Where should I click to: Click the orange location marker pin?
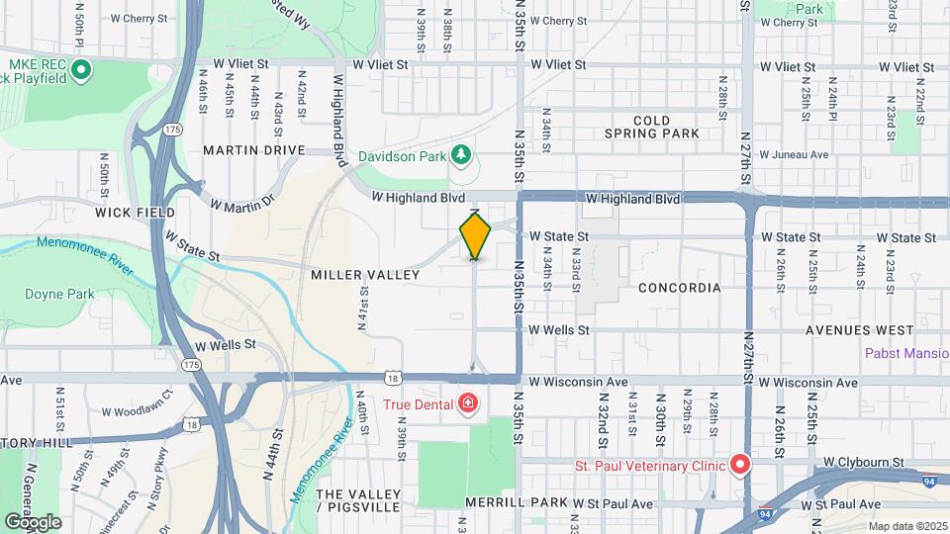tap(475, 235)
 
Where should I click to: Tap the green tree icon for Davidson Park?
tap(459, 154)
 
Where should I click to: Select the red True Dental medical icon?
tap(467, 403)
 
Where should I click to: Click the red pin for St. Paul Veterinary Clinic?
tap(739, 464)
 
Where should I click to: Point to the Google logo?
tap(33, 521)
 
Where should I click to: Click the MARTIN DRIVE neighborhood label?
tap(254, 149)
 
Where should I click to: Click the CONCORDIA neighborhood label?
tap(679, 288)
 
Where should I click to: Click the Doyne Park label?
tap(60, 294)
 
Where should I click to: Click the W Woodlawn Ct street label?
tap(137, 411)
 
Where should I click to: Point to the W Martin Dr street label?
tap(242, 204)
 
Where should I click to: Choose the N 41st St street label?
tap(363, 307)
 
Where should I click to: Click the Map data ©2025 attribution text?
tap(907, 525)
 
